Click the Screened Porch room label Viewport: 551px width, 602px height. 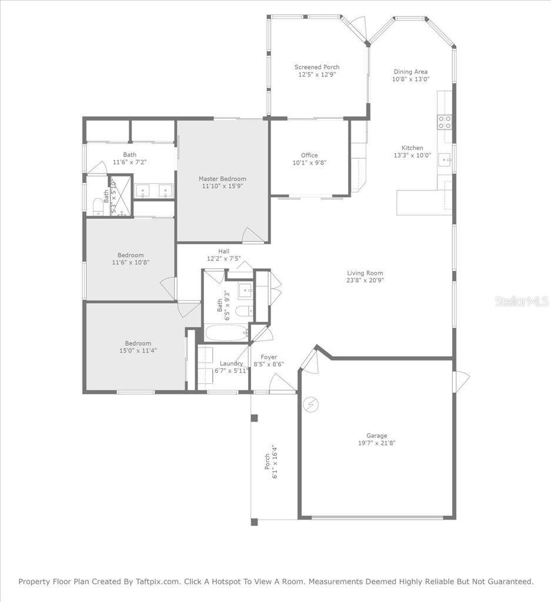coord(317,67)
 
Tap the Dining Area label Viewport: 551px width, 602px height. coord(410,72)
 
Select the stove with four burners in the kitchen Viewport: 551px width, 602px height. coord(445,122)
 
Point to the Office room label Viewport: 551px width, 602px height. coord(309,155)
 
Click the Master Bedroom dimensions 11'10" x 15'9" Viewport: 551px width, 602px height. coord(222,186)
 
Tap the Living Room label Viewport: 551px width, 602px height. coord(365,273)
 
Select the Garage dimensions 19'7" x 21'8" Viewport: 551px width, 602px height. coord(377,443)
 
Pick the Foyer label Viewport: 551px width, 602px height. coord(269,357)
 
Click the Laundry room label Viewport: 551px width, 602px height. coord(231,363)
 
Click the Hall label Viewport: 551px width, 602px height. coord(223,251)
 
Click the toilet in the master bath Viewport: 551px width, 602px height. coord(98,205)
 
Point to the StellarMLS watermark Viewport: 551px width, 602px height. coord(522,301)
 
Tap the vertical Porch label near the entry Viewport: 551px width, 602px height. coord(267,461)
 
